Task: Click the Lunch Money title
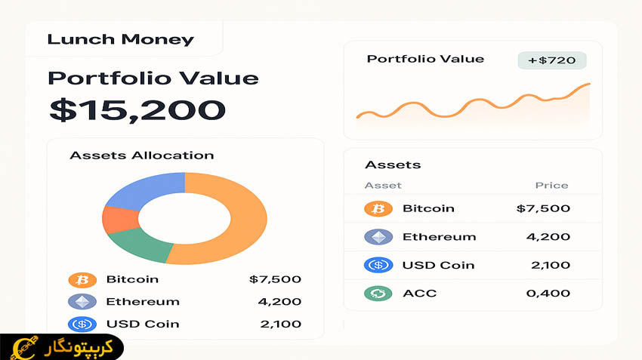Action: pos(120,40)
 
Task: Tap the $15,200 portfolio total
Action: pos(137,110)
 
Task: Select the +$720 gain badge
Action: pos(551,60)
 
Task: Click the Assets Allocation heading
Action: pos(141,155)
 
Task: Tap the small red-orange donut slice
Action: pos(119,219)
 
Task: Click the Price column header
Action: pos(551,186)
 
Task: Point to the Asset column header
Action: pos(383,186)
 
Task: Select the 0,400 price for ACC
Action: pos(547,293)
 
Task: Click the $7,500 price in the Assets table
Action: pos(543,208)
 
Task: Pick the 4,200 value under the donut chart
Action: pos(279,302)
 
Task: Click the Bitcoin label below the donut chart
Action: pos(132,279)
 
